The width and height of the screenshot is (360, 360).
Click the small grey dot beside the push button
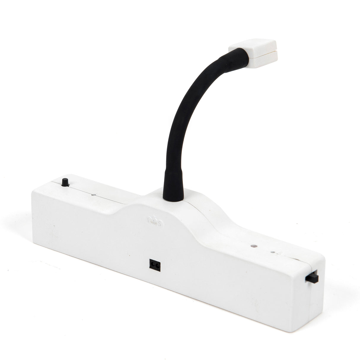pos(94,195)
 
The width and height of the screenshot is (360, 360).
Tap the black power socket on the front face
pos(154,264)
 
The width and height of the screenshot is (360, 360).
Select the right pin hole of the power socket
pos(156,265)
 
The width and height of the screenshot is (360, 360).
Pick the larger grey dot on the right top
pos(254,246)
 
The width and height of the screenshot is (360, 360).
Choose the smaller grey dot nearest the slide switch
pos(273,253)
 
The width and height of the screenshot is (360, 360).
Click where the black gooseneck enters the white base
pos(173,198)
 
